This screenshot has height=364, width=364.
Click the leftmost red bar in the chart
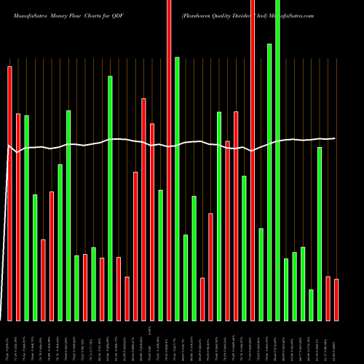point(9,193)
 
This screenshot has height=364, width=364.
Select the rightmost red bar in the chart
point(336,299)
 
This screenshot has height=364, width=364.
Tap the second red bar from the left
point(18,217)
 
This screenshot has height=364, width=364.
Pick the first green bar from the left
point(26,218)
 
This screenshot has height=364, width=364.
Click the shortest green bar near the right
point(311,304)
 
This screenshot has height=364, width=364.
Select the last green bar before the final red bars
point(320,233)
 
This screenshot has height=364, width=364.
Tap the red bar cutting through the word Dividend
point(253,160)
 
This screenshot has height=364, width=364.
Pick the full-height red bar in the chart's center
point(169,160)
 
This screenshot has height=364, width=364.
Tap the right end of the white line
point(336,138)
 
